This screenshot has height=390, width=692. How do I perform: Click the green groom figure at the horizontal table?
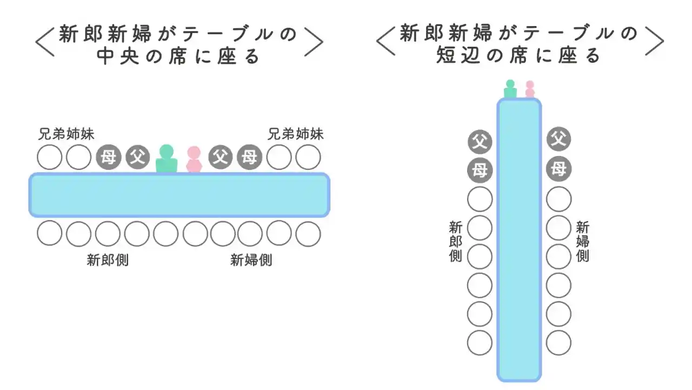pos(167,159)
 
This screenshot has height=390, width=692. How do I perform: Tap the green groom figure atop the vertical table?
pos(510,89)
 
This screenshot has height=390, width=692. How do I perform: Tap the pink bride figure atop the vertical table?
pos(530,90)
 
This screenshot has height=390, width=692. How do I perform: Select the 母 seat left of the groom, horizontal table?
pos(108,158)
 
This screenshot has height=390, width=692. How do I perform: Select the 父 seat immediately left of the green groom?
pos(138,158)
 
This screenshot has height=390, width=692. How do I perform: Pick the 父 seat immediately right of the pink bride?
pos(220,158)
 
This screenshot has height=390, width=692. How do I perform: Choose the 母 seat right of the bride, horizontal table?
pos(249,158)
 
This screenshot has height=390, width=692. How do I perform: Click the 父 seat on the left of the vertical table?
pos(480,141)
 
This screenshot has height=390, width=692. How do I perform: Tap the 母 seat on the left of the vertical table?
pos(480,171)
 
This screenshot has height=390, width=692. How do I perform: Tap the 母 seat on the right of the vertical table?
pos(558,170)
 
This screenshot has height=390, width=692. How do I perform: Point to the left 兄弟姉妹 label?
pos(66,134)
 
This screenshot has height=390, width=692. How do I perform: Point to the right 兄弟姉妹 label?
pos(295,134)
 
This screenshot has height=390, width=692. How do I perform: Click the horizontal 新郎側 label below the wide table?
pos(108,260)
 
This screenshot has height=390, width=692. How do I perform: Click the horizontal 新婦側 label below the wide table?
pos(251,260)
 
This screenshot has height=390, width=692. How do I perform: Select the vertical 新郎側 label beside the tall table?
pos(456,241)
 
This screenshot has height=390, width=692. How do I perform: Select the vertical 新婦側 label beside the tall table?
pos(582,241)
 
